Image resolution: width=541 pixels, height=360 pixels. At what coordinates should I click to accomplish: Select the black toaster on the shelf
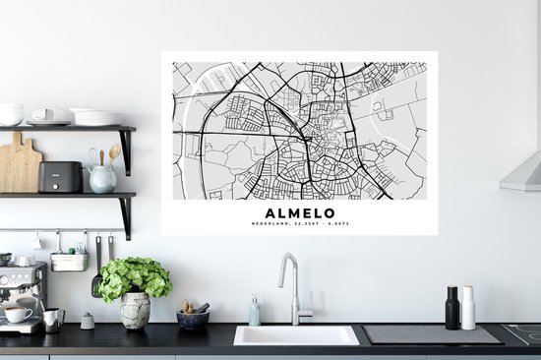click(x=60, y=177)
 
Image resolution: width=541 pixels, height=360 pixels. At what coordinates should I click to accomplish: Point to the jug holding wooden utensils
click(x=102, y=177)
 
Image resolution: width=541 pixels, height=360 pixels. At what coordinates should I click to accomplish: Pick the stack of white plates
click(x=96, y=117)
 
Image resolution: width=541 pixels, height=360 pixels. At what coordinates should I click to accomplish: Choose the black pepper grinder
click(x=451, y=308)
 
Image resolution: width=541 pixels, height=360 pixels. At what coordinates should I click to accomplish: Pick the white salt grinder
click(x=468, y=308)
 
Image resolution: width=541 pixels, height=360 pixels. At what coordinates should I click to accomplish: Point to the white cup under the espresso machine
click(x=17, y=315)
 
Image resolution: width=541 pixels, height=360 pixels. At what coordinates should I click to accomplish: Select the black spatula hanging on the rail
click(x=96, y=270)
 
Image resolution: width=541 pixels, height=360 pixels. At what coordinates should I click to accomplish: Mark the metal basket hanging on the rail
click(x=69, y=261)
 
